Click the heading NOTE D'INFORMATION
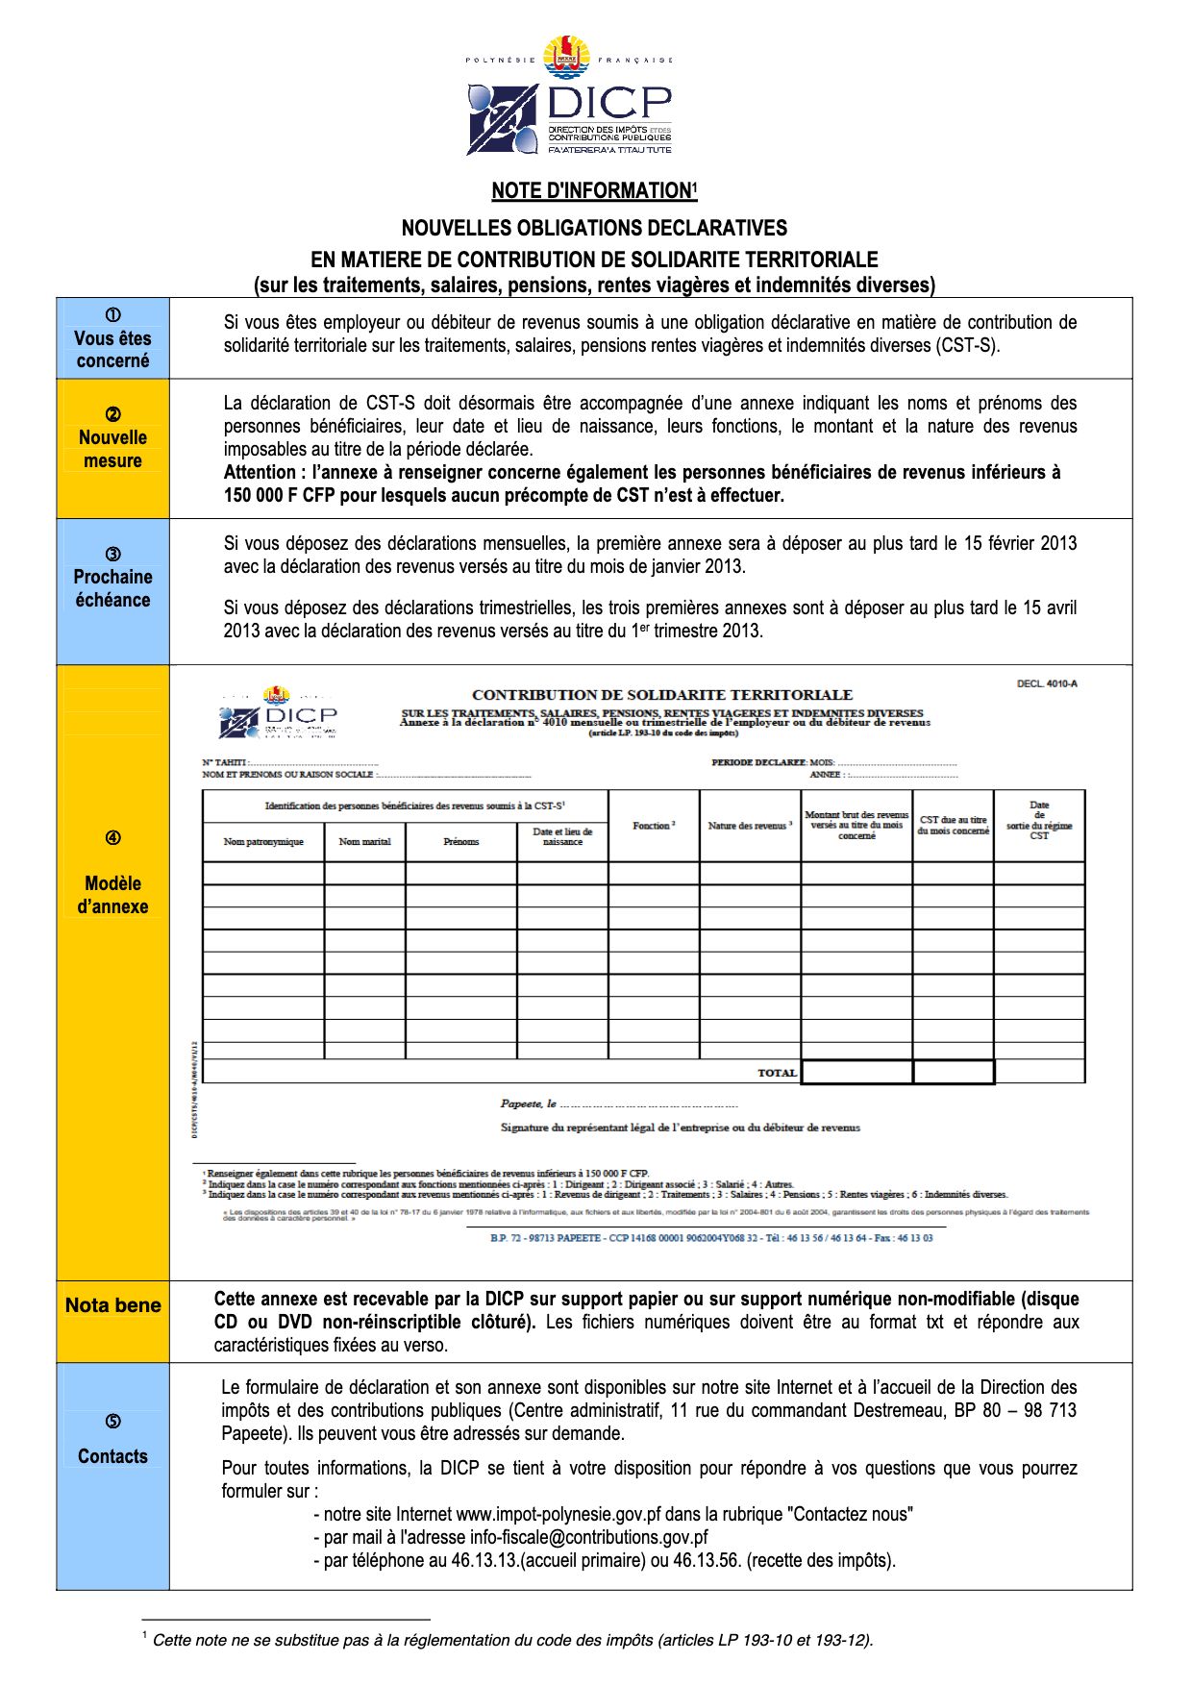click(x=591, y=190)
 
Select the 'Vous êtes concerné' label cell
click(x=112, y=338)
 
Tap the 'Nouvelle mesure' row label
click(x=112, y=448)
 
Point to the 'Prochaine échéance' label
click(x=112, y=587)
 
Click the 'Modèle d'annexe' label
click(x=112, y=894)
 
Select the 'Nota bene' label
click(x=112, y=1305)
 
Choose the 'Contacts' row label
click(x=112, y=1455)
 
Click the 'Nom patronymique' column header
click(x=263, y=842)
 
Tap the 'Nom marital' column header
click(x=364, y=842)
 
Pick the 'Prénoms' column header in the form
click(x=461, y=842)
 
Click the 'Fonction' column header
click(x=654, y=826)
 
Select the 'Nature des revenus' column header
click(x=750, y=826)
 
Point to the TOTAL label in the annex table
click(x=777, y=1073)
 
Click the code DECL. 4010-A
click(x=1047, y=683)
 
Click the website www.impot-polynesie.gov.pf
click(x=558, y=1514)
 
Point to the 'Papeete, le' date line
click(x=529, y=1103)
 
